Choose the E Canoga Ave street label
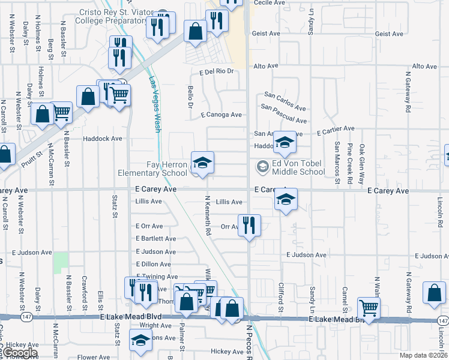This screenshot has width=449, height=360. coord(221,115)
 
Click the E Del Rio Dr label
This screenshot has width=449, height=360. coord(215,71)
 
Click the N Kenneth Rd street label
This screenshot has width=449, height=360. coord(208,215)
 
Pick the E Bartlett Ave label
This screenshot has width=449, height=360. coord(156,239)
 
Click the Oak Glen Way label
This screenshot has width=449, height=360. coord(362,159)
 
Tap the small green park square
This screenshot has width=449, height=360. coord(61,262)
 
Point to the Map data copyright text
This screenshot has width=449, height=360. coord(424,355)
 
